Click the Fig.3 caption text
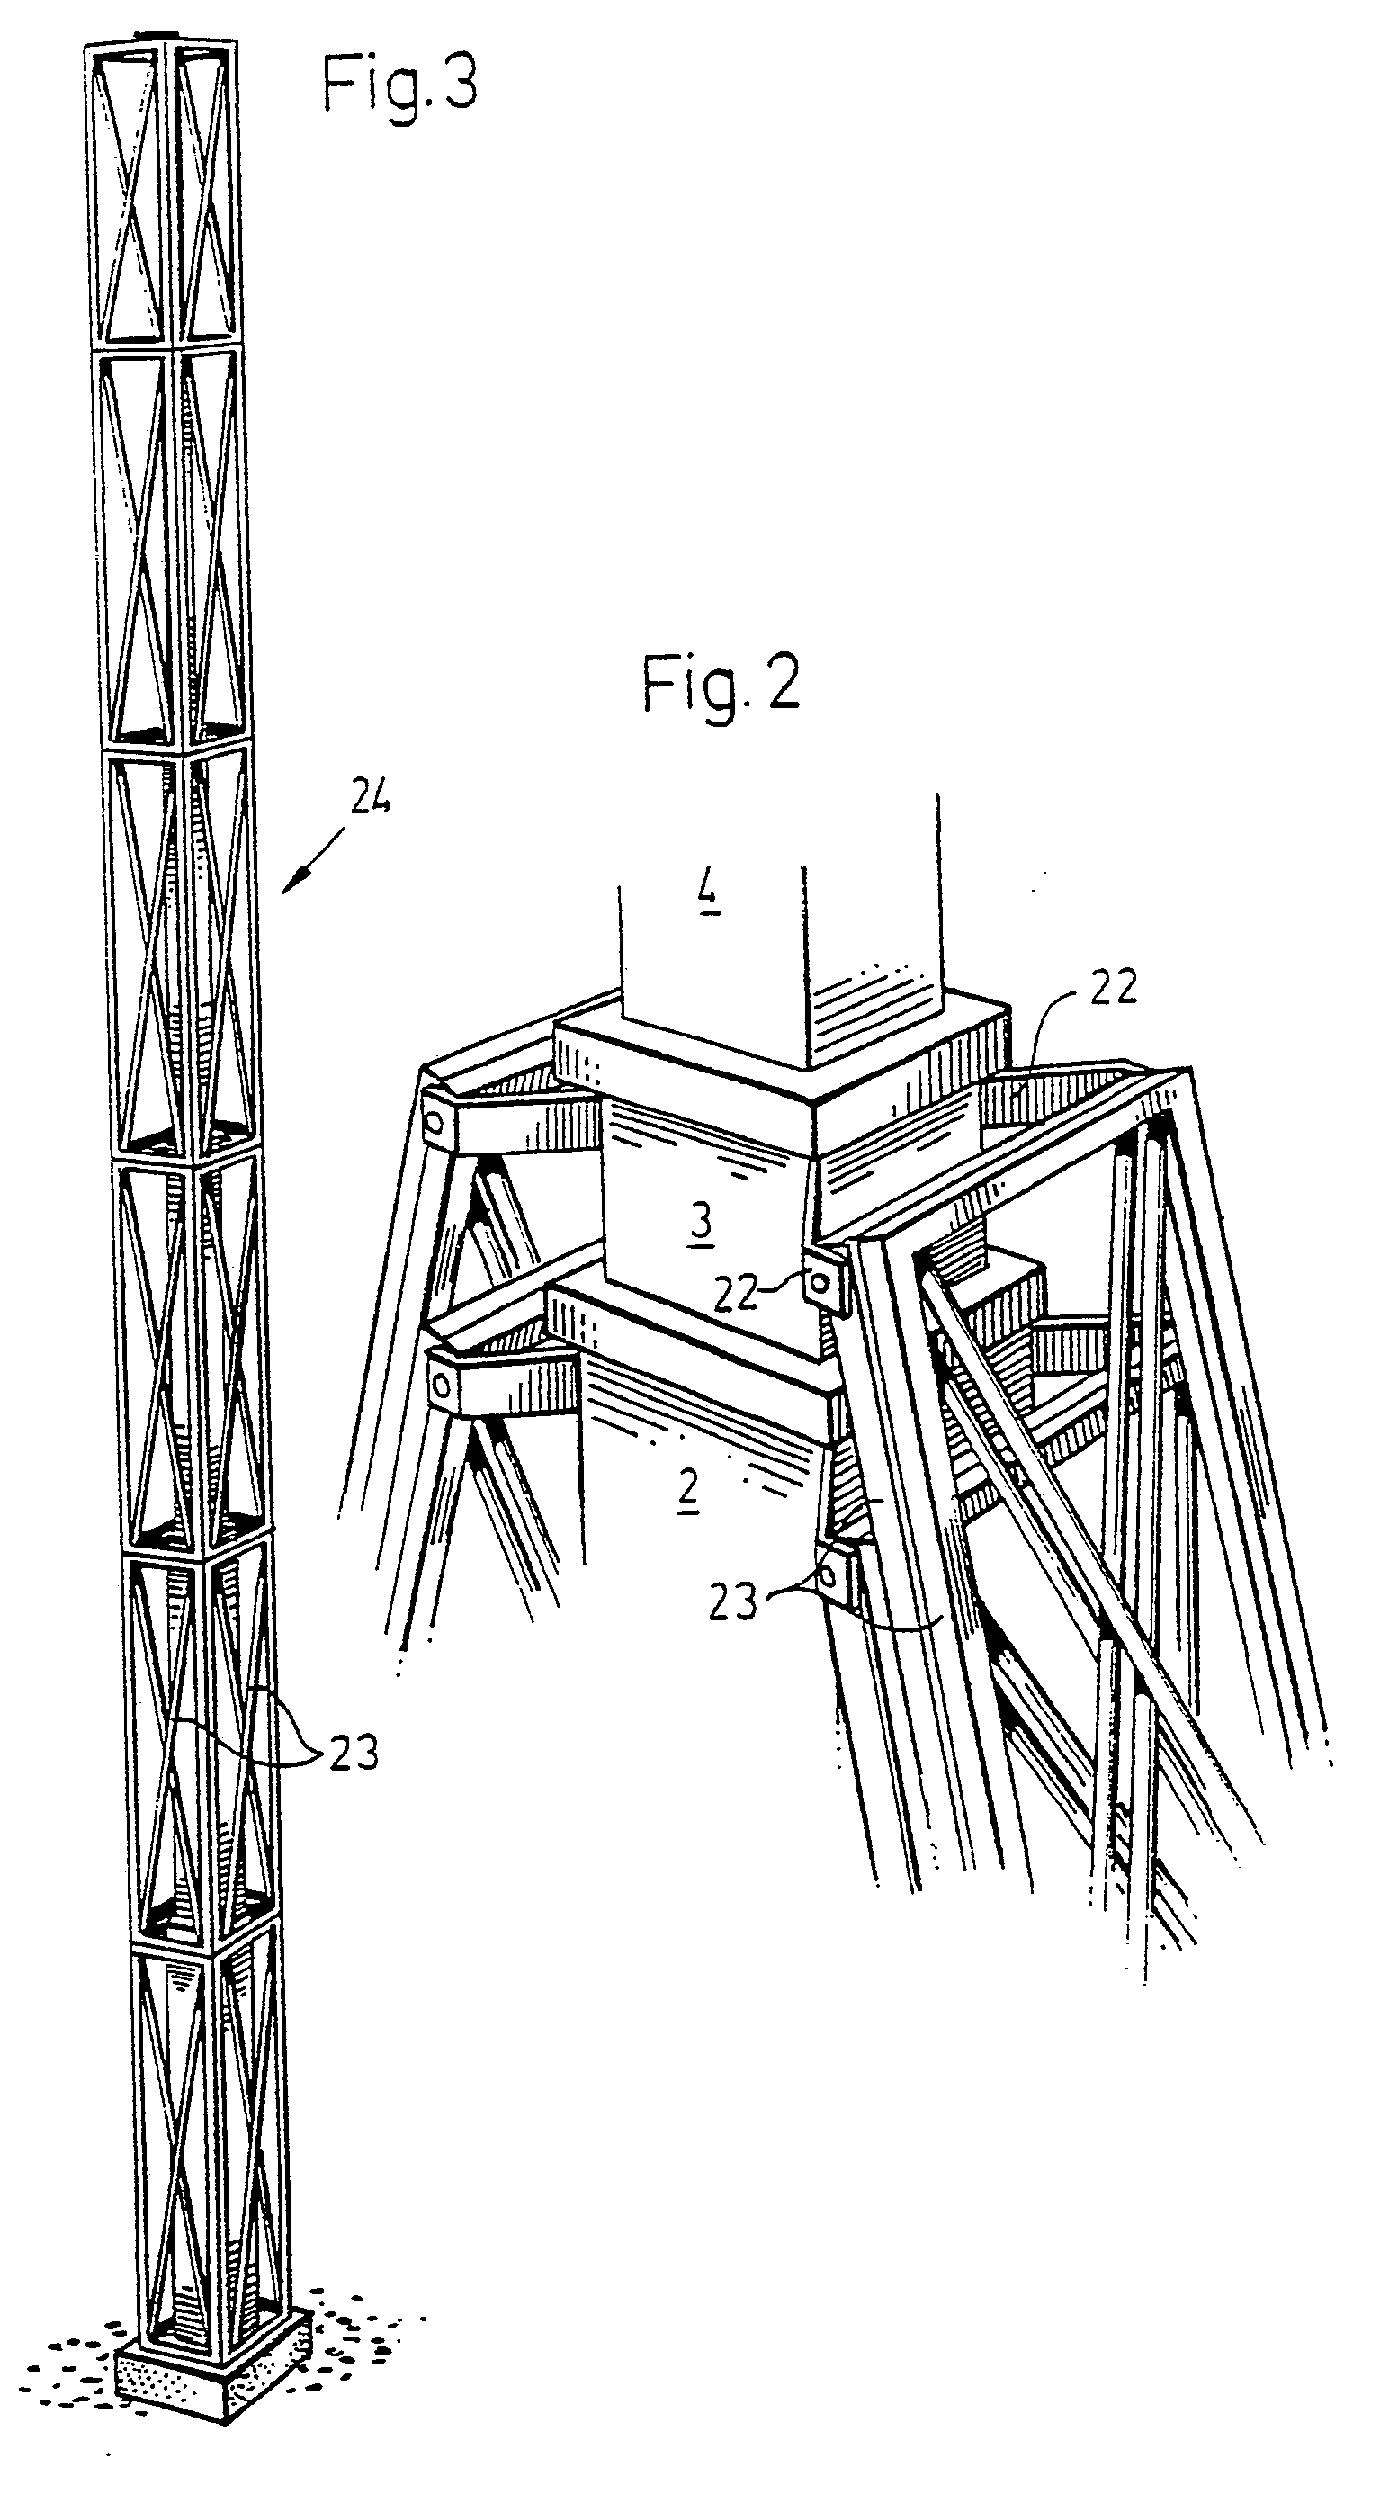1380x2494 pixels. [x=399, y=85]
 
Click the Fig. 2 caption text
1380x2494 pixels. [x=721, y=685]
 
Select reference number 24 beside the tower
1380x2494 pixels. [x=370, y=799]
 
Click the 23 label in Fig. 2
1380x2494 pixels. [x=732, y=1602]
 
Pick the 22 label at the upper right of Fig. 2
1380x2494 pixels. [x=1112, y=988]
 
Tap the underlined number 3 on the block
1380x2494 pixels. [x=701, y=1222]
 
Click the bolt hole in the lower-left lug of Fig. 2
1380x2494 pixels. [x=443, y=1386]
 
